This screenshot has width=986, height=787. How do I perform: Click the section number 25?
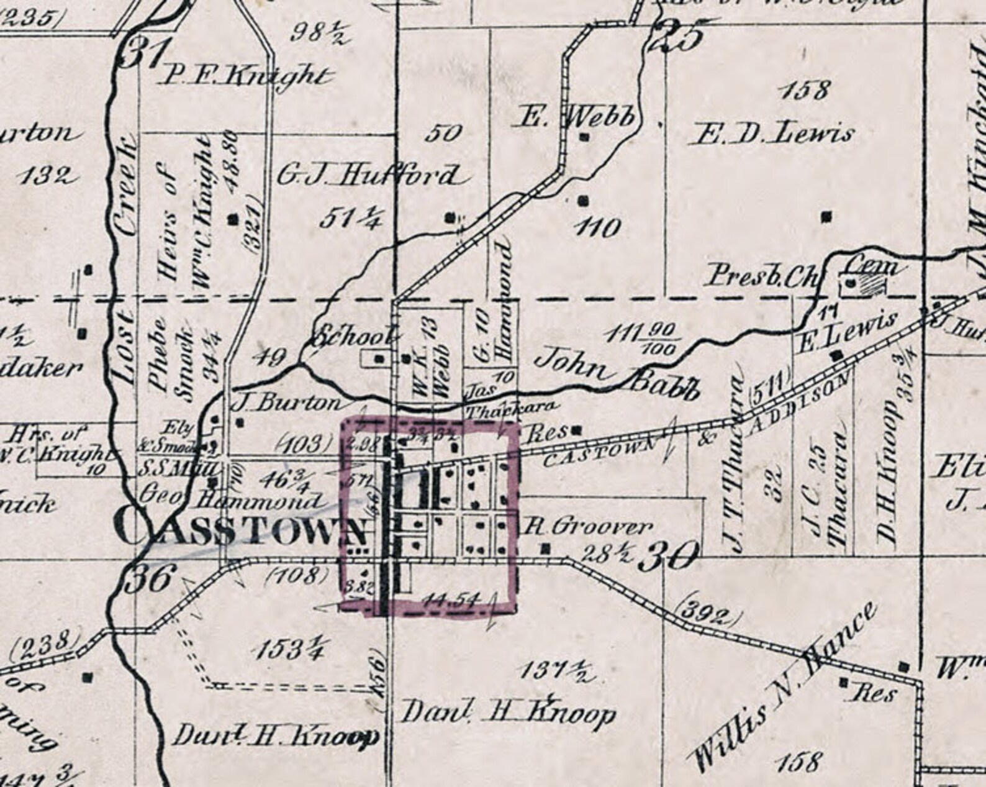tap(677, 37)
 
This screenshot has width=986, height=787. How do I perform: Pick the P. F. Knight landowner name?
tap(244, 76)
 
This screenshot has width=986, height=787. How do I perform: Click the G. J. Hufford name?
tap(368, 176)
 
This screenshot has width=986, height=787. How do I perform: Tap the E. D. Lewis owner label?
tap(773, 134)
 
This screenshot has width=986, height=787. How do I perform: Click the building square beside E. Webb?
tap(584, 137)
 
